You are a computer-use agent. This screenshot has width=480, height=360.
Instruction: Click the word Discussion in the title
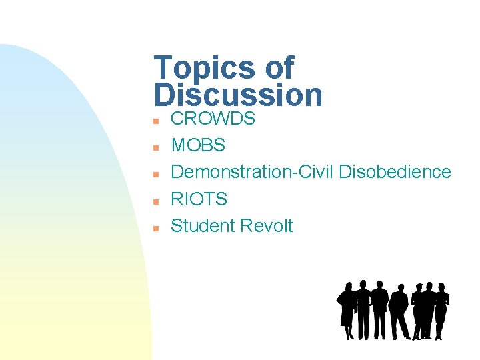pos(238,95)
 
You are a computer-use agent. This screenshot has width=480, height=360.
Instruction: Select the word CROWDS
pos(213,119)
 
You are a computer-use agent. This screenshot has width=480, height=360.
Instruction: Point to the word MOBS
pos(198,145)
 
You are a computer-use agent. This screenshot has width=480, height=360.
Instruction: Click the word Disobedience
pos(395,172)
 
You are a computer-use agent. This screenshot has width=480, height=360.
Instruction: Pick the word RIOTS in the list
pos(199,199)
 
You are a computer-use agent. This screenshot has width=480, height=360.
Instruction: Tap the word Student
pos(202,226)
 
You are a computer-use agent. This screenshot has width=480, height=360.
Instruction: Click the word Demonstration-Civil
pos(253,172)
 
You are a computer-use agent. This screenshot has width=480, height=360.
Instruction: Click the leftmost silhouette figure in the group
pos(347,310)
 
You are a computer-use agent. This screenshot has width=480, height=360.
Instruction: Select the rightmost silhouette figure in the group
pos(441,310)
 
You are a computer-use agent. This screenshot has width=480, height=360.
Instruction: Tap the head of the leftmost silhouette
pos(349,286)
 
